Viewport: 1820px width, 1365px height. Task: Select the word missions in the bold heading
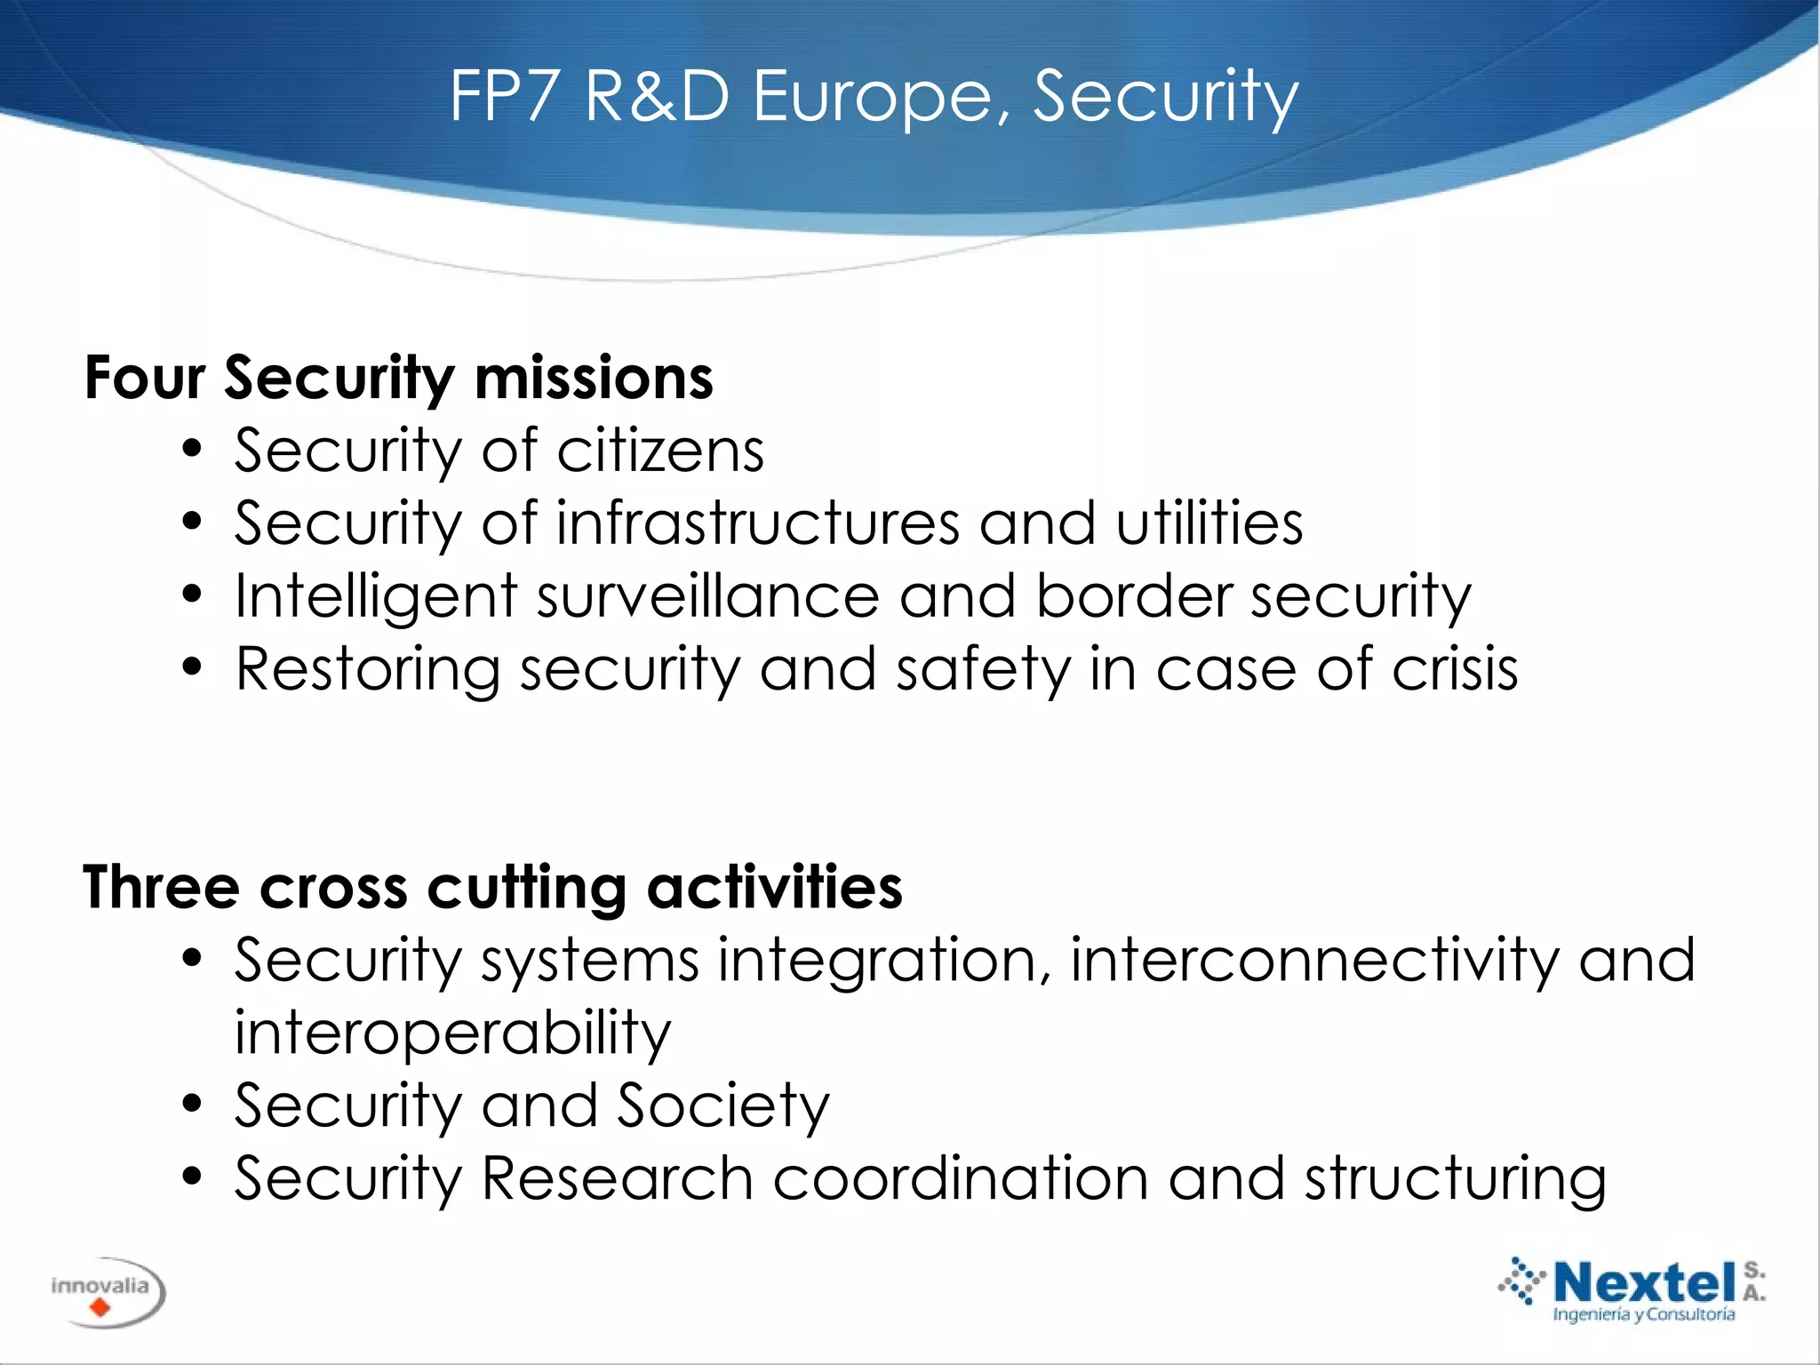click(594, 378)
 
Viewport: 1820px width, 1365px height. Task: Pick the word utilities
click(1209, 523)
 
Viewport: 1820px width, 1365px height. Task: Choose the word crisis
click(1455, 669)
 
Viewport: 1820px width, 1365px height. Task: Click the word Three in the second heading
click(161, 887)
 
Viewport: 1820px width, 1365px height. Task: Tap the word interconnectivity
click(1314, 961)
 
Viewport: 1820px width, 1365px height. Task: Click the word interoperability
click(452, 1034)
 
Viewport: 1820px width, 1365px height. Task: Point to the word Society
click(722, 1106)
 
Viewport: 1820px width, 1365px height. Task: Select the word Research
click(618, 1179)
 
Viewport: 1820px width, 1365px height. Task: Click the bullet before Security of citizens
click(192, 451)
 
